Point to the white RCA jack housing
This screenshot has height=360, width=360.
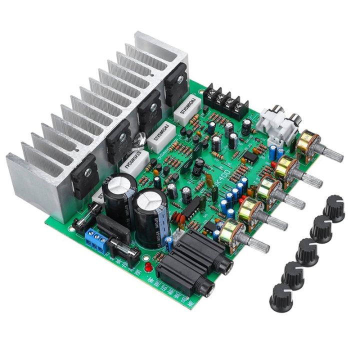[276, 122]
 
